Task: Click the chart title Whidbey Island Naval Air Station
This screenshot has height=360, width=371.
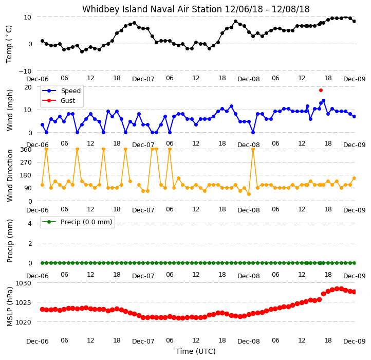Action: click(x=152, y=9)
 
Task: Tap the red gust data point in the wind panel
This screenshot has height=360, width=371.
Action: click(x=321, y=90)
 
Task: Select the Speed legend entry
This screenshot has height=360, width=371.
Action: click(x=61, y=91)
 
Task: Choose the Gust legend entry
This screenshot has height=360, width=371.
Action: click(x=59, y=100)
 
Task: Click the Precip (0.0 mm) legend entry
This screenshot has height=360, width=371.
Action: click(x=77, y=222)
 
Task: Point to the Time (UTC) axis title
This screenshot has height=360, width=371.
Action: click(x=196, y=351)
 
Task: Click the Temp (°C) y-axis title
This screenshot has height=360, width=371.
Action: click(x=9, y=44)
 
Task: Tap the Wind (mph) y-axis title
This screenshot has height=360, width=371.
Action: click(x=9, y=110)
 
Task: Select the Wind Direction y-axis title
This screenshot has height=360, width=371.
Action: click(x=9, y=175)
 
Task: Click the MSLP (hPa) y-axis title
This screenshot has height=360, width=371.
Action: click(x=9, y=307)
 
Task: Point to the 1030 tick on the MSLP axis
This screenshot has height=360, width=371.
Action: click(x=23, y=283)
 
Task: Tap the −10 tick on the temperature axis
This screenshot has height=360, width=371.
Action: click(x=25, y=71)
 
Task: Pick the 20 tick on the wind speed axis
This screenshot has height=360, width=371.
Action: click(x=28, y=87)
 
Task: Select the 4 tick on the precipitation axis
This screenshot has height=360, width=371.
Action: click(x=30, y=223)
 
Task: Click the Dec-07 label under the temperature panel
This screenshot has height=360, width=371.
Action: click(x=143, y=79)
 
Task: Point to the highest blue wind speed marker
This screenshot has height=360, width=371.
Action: click(x=323, y=101)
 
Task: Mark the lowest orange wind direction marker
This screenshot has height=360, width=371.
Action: click(x=249, y=194)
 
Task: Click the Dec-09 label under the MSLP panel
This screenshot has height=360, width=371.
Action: click(x=355, y=341)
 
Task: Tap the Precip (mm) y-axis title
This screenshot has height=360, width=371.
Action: click(x=9, y=241)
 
